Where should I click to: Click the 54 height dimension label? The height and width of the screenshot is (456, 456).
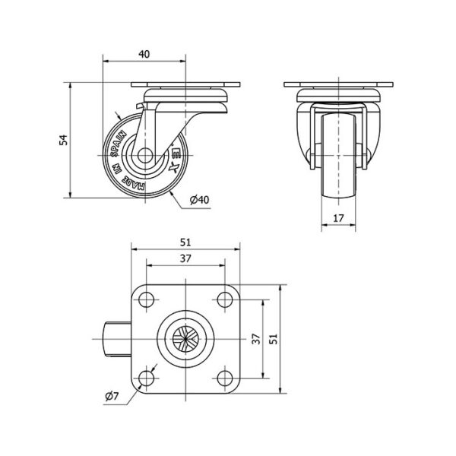pos(64,140)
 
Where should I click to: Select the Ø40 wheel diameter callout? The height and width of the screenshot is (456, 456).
pos(199,200)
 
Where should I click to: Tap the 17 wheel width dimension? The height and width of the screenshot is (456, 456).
pos(338,218)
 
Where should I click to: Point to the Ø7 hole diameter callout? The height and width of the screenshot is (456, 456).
pos(112,396)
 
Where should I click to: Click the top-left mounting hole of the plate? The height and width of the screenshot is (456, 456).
pos(146,299)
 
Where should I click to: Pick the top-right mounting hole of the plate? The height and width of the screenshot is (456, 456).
pos(225,299)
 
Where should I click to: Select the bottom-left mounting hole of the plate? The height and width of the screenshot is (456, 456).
pos(146,378)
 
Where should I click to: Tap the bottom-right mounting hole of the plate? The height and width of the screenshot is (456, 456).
pos(225,378)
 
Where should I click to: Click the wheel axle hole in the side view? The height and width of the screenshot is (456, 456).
pos(145,155)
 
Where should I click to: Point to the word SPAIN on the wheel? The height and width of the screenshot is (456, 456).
pos(119,144)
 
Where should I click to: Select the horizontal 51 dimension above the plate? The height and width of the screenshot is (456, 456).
pos(185,242)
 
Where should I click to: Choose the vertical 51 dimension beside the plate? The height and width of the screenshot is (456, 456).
pos(273,339)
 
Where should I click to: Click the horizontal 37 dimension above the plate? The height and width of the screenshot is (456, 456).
pos(185,258)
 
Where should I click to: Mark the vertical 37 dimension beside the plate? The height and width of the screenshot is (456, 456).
pos(256,339)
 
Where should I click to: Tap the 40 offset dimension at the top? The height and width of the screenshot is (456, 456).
pos(144,54)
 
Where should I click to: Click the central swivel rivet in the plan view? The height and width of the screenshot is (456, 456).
pos(185,339)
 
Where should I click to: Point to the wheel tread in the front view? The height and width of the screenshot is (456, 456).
pos(338,157)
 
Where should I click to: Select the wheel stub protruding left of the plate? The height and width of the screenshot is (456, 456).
pos(117,339)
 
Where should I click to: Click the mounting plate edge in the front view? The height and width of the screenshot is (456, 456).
pos(338,84)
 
